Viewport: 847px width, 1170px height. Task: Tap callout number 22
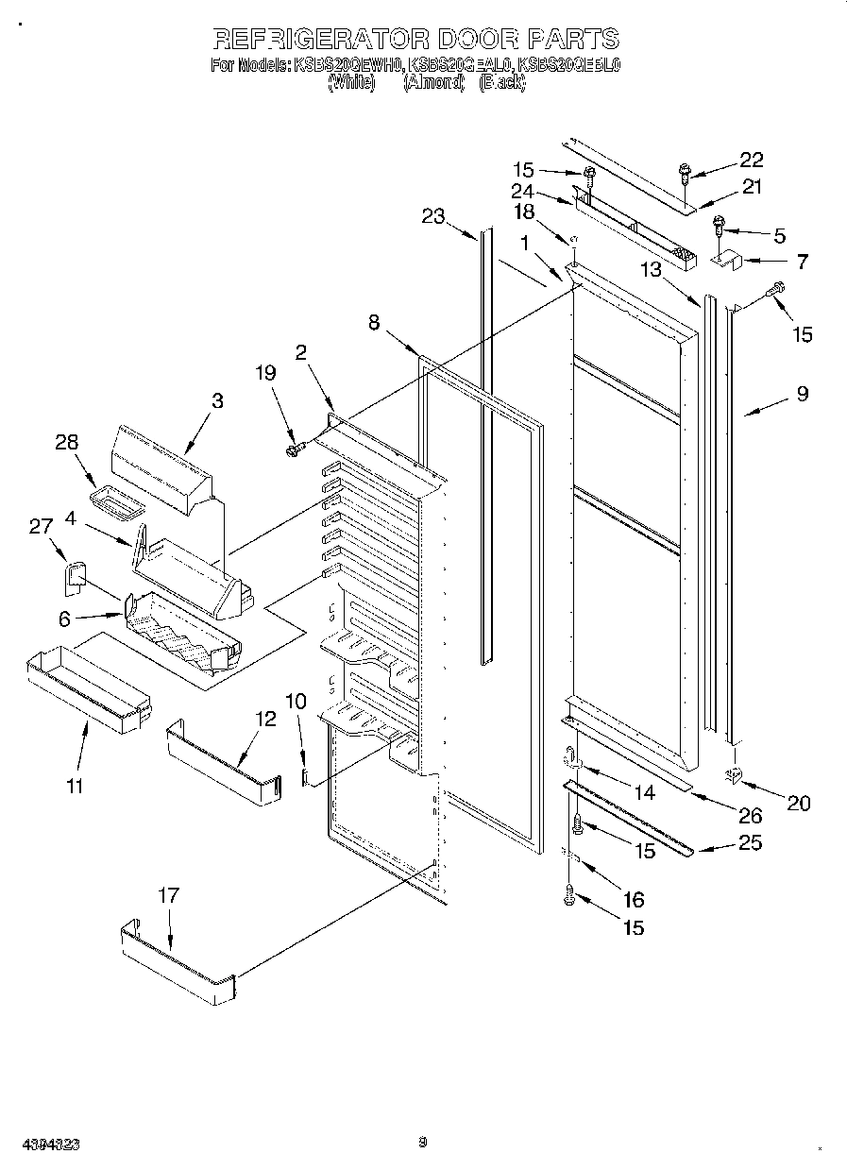click(x=751, y=160)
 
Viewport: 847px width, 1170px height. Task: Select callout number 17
click(x=167, y=895)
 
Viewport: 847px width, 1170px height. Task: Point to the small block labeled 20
click(x=734, y=774)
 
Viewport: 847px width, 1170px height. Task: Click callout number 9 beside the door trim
click(x=802, y=393)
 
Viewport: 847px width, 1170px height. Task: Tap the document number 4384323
click(x=41, y=1144)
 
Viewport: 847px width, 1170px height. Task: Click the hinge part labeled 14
click(x=572, y=756)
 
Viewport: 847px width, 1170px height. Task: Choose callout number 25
click(x=749, y=842)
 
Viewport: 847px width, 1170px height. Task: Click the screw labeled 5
click(x=720, y=227)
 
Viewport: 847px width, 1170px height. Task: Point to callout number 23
click(x=432, y=216)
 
